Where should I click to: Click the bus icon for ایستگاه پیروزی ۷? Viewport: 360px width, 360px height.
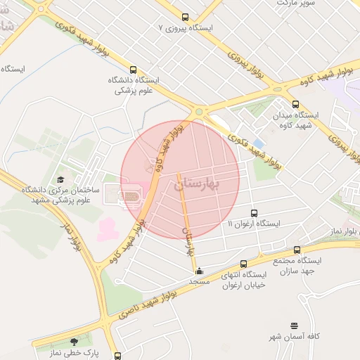click(185, 17)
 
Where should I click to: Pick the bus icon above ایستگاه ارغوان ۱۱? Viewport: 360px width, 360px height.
click(254, 212)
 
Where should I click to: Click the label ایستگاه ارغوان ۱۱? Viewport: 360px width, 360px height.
click(254, 224)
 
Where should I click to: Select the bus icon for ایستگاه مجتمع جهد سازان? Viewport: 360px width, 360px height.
click(296, 250)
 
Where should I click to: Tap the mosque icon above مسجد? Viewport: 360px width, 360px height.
click(199, 270)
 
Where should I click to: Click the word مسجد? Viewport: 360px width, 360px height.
click(200, 281)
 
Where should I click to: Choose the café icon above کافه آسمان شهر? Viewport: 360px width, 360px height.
click(294, 326)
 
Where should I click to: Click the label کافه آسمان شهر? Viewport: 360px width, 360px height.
click(294, 337)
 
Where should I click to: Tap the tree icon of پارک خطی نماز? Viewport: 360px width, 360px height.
click(74, 342)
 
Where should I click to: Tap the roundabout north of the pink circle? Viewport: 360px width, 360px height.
click(199, 111)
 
